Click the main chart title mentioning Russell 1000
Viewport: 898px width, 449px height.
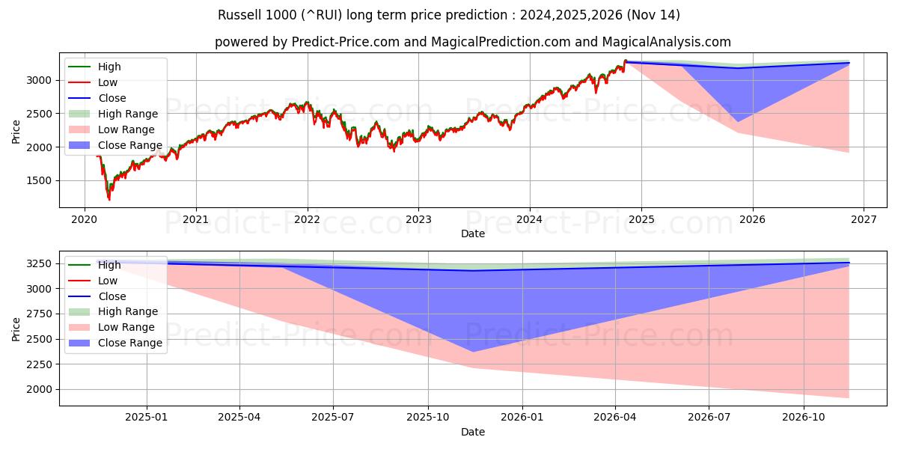[x=449, y=15]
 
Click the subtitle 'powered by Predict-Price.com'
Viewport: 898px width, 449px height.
[x=472, y=42]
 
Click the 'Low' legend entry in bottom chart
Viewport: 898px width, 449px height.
[x=107, y=281]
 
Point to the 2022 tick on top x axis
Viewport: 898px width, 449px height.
[x=307, y=219]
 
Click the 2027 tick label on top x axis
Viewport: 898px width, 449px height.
[x=863, y=219]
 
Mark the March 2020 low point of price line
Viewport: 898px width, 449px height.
[x=109, y=199]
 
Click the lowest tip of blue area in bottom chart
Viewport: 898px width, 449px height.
[x=472, y=352]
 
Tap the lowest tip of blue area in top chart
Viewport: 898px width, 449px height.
[x=738, y=121]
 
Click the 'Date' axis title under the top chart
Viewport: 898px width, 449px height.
[x=472, y=233]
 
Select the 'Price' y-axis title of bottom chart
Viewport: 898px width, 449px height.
[x=16, y=329]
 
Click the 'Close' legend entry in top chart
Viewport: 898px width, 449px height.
[x=112, y=98]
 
